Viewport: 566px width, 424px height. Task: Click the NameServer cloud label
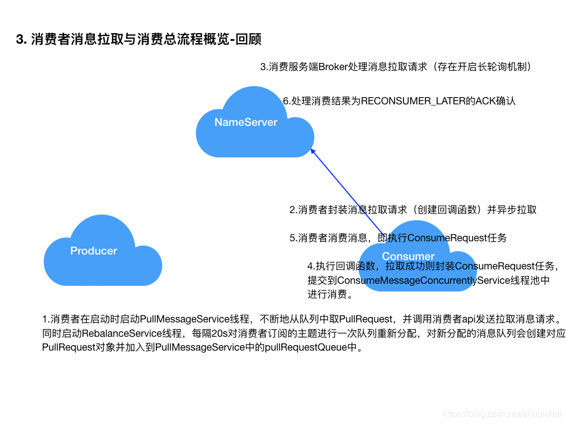point(246,123)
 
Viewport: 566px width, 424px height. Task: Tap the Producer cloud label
point(94,251)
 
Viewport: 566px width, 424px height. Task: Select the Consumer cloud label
point(408,256)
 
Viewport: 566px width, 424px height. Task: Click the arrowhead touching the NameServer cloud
point(312,151)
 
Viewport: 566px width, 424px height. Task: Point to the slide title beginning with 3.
point(139,40)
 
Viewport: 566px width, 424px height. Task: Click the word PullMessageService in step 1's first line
point(185,319)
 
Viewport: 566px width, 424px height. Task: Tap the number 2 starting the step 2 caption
point(292,210)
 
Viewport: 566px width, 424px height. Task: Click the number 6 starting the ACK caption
point(286,101)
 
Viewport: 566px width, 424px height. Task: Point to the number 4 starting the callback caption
point(310,266)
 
